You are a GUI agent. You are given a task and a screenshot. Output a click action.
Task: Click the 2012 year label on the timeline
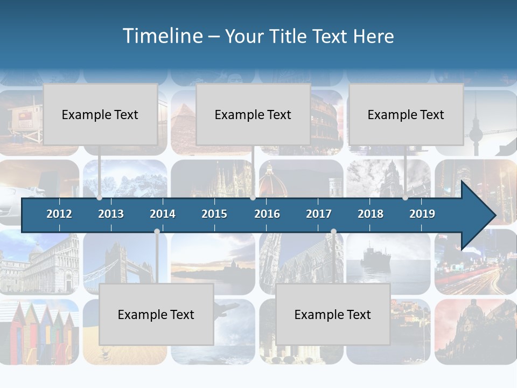[x=59, y=214]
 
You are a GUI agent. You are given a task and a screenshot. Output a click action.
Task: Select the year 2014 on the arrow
[x=163, y=214]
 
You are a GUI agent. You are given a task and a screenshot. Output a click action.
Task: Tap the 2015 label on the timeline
[x=214, y=214]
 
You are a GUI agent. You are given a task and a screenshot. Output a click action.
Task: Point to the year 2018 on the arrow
[x=371, y=214]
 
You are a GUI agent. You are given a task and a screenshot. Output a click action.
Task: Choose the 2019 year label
[x=422, y=214]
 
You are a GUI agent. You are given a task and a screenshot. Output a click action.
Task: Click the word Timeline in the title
[x=162, y=36]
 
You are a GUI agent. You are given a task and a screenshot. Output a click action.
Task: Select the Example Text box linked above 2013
[x=100, y=114]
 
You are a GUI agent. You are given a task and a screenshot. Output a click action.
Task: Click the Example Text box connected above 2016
[x=253, y=114]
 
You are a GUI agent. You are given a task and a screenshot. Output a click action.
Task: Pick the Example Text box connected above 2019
[x=406, y=114]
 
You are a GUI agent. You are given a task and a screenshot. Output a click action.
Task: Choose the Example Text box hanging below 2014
[x=156, y=314]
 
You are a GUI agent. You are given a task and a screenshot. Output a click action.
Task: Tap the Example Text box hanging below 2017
[x=333, y=314]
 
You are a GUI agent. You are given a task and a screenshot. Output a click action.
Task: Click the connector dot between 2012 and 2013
[x=99, y=198]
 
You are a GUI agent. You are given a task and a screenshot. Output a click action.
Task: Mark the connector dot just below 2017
[x=333, y=232]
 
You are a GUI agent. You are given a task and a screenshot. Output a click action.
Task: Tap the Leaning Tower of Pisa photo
[x=38, y=264]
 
